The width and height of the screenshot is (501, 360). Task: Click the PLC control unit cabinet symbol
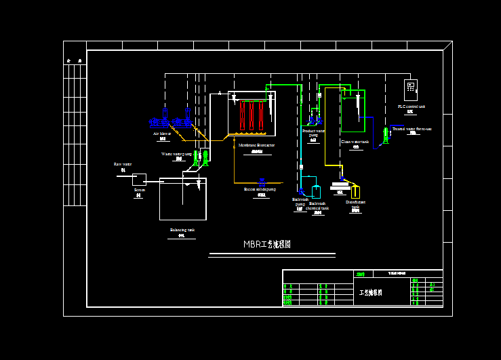pos(411,88)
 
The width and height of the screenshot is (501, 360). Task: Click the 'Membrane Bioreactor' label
pos(256,145)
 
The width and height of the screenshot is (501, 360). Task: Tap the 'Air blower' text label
pos(162,134)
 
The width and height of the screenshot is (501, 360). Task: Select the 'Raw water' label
pos(123,164)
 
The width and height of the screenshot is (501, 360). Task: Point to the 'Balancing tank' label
pos(182,231)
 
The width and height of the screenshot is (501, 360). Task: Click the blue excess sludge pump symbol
pos(262,182)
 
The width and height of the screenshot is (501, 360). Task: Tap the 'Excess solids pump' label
pos(260,189)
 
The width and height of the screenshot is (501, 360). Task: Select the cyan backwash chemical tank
pos(316,192)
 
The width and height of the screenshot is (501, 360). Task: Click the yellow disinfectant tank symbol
pos(355,193)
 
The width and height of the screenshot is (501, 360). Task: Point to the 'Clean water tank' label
pos(355,142)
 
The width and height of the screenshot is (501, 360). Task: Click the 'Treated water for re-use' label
pos(412,128)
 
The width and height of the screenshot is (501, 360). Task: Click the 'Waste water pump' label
pos(176,154)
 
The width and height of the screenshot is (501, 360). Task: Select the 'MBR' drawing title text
pos(267,244)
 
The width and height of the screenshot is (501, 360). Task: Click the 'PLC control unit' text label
pos(411,106)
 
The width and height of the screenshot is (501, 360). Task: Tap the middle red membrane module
pos(251,115)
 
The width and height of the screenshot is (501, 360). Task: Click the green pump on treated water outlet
pos(385,134)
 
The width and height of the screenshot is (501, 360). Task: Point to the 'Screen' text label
pos(139,190)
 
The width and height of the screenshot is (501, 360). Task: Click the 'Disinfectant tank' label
pos(355,203)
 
